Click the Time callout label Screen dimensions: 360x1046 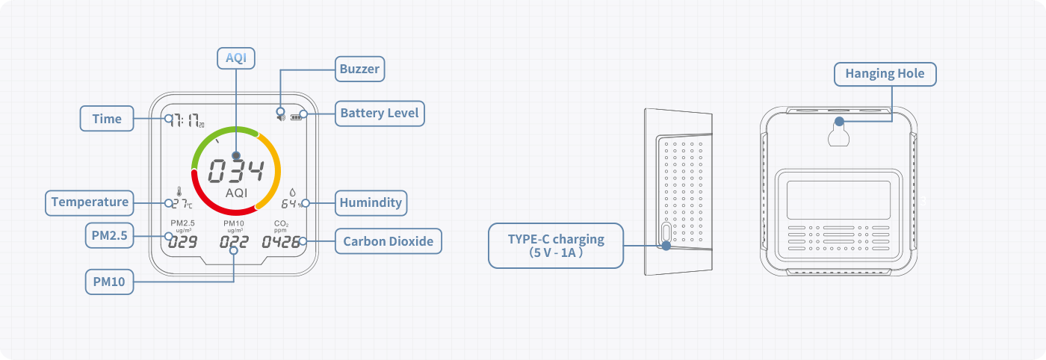click(x=107, y=119)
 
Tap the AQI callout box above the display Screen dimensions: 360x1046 click(x=236, y=58)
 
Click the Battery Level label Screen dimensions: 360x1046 click(x=379, y=114)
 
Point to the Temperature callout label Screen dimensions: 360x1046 click(x=90, y=202)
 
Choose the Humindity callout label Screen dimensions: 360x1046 click(x=371, y=202)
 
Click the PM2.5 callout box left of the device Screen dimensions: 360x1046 click(x=110, y=236)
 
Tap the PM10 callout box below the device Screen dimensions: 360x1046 click(x=109, y=282)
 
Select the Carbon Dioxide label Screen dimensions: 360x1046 click(x=388, y=241)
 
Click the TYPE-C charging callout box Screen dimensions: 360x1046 click(x=555, y=246)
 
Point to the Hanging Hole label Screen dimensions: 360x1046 click(x=885, y=73)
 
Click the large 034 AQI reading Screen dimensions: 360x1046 click(x=235, y=172)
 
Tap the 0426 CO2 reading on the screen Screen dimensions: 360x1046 click(x=281, y=242)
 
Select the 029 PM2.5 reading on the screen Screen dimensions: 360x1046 click(x=182, y=242)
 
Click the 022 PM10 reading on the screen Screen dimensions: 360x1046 click(x=234, y=242)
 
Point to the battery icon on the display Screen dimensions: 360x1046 click(x=302, y=115)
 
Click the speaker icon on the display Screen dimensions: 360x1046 click(x=281, y=115)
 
